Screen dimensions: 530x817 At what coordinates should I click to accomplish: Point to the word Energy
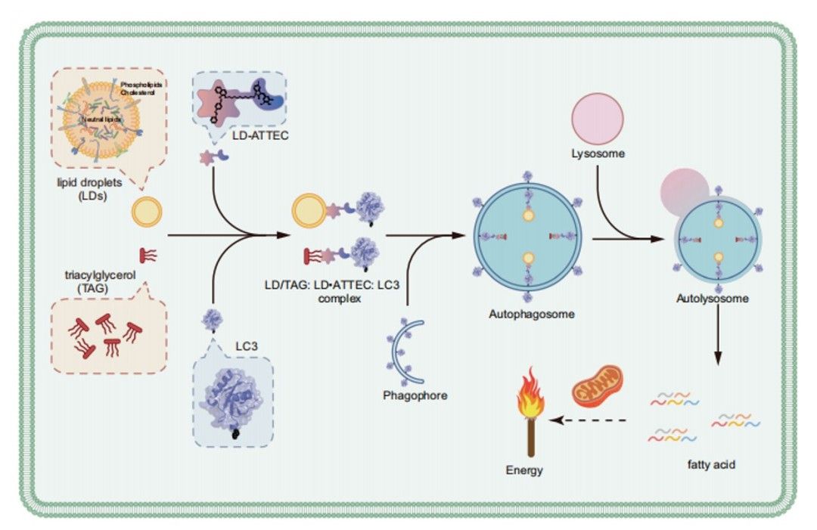524,470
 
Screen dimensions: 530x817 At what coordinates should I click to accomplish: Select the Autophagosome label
528,313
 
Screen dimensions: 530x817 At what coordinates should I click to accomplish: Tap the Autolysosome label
713,299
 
